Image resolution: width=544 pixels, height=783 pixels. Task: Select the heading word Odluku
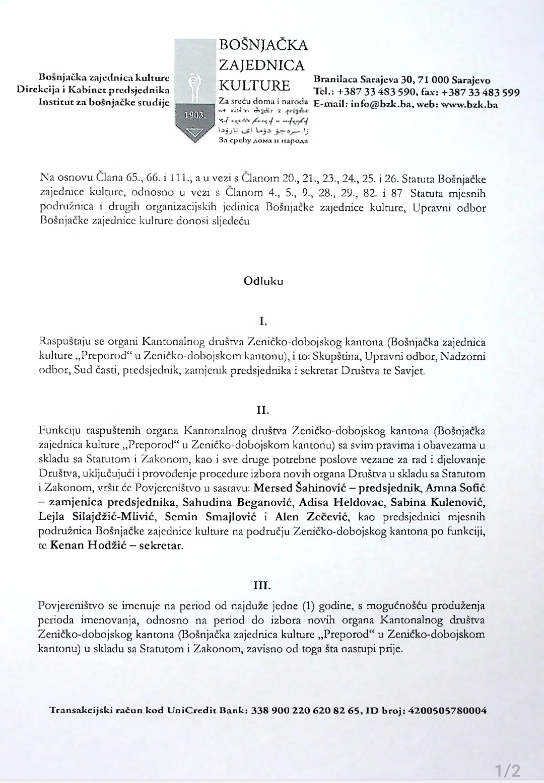tap(263, 281)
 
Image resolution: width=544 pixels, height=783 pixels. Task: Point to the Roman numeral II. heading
tap(262, 411)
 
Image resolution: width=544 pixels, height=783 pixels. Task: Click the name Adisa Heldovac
tap(341, 502)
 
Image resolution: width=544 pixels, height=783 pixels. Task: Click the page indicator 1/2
tap(507, 770)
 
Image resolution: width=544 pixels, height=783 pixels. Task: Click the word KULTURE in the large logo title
tap(254, 85)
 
